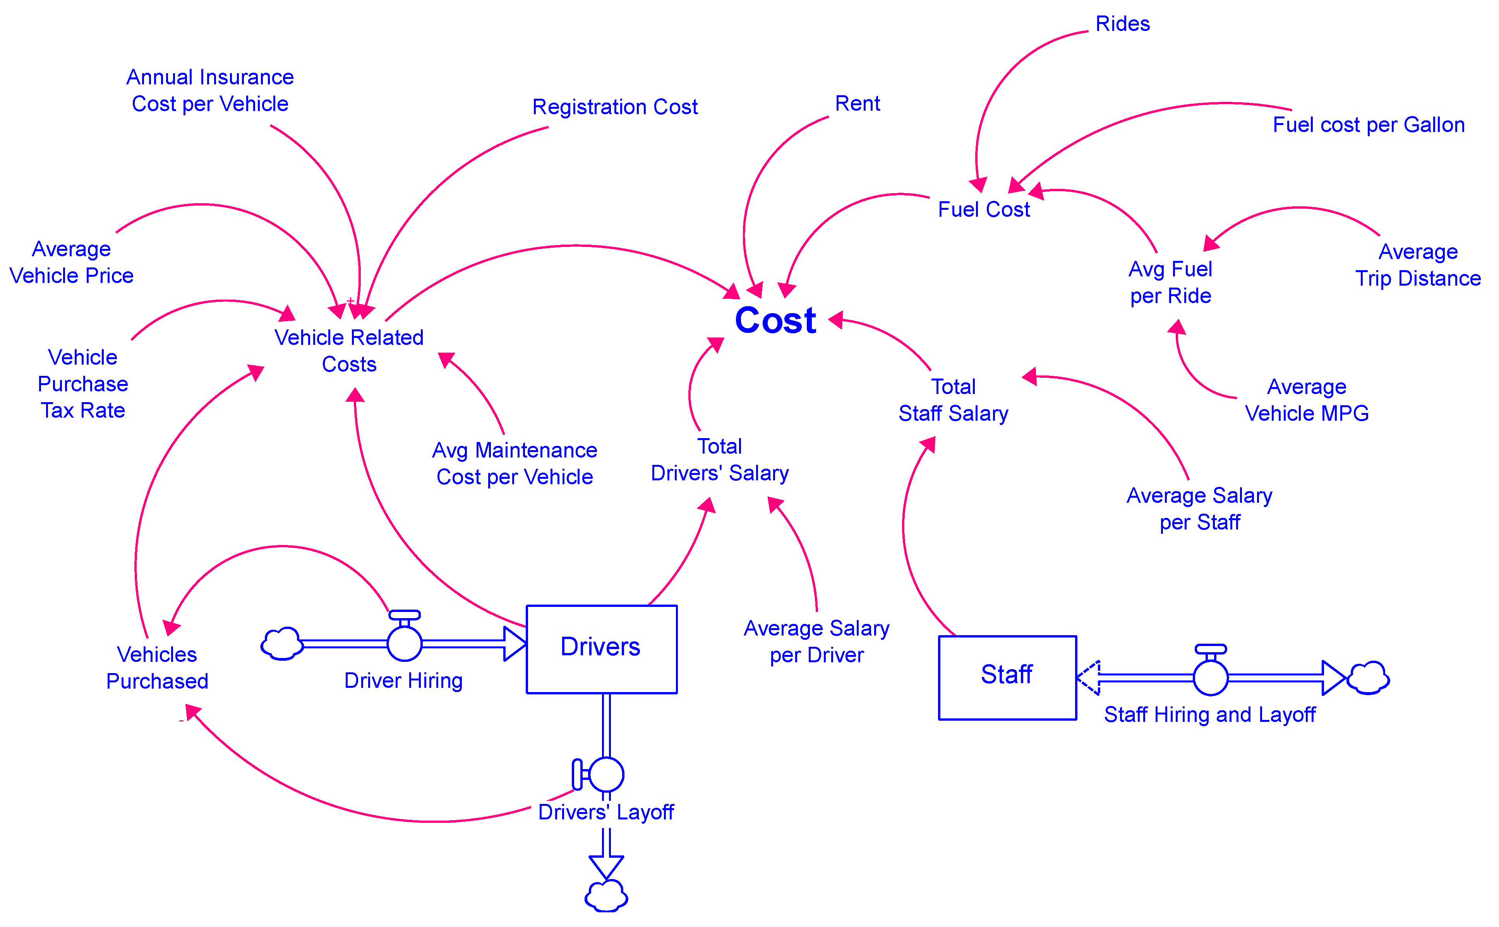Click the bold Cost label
(x=775, y=320)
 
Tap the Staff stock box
(x=1007, y=677)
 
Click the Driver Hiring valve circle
(x=405, y=643)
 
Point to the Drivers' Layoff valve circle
(x=606, y=774)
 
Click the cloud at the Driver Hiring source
(x=281, y=644)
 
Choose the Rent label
(x=857, y=104)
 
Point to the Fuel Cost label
(x=983, y=210)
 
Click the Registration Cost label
(x=614, y=107)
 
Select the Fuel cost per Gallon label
(x=1369, y=125)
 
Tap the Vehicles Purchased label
(x=157, y=668)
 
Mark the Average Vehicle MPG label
(x=1307, y=400)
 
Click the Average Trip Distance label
(x=1417, y=265)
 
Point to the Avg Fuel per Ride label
(x=1170, y=283)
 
